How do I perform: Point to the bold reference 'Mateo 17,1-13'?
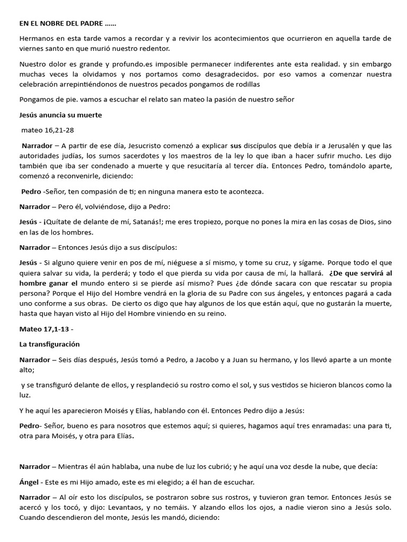click(x=45, y=329)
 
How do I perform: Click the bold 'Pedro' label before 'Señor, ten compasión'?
click(x=31, y=191)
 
